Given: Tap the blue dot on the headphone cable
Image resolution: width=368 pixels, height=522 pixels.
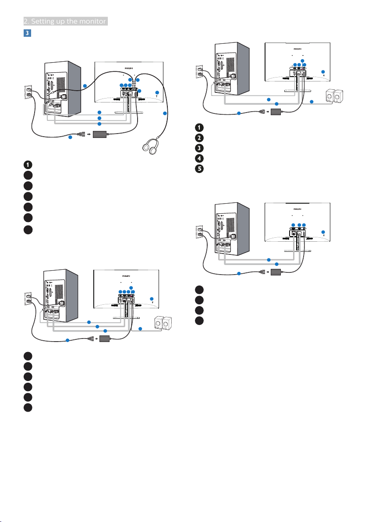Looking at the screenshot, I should point(165,114).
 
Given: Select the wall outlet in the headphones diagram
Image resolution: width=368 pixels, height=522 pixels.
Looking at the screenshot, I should point(29,94).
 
